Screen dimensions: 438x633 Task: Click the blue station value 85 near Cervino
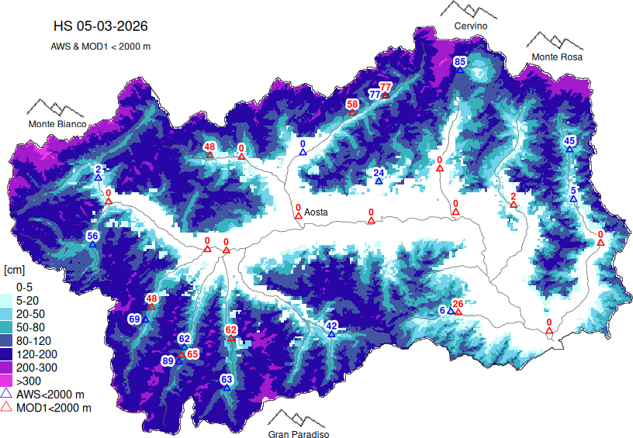click(460, 61)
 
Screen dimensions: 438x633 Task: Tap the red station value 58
click(352, 104)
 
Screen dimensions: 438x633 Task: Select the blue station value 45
click(569, 140)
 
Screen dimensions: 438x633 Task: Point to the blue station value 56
click(92, 236)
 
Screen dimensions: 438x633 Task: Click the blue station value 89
click(168, 360)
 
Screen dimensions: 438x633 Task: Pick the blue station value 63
click(227, 379)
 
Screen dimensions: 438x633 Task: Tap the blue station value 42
click(331, 326)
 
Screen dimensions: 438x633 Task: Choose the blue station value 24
click(379, 172)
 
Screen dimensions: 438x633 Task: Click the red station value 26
click(458, 304)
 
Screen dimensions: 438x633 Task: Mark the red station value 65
click(192, 354)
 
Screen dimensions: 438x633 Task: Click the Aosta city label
click(316, 212)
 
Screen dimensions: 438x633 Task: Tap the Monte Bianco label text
click(57, 124)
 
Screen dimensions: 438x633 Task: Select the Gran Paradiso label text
click(299, 435)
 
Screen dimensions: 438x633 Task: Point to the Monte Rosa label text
click(556, 57)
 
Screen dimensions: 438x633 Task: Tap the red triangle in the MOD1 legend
click(6, 407)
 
